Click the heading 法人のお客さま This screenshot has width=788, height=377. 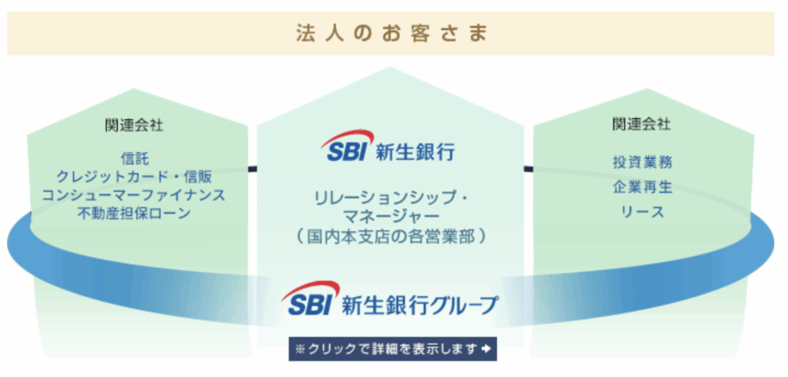pyautogui.click(x=392, y=33)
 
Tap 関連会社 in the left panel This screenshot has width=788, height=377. pyautogui.click(x=134, y=126)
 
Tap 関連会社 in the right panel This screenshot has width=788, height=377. pyautogui.click(x=641, y=124)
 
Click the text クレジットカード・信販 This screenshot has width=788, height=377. pyautogui.click(x=134, y=177)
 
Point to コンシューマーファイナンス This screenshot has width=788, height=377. pyautogui.click(x=134, y=195)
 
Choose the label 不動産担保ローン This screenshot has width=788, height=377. pyautogui.click(x=134, y=214)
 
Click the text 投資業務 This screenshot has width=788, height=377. pyautogui.click(x=643, y=162)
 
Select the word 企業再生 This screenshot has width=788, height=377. pyautogui.click(x=643, y=187)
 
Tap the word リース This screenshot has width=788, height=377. pyautogui.click(x=643, y=212)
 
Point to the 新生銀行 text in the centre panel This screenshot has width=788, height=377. pyautogui.click(x=415, y=152)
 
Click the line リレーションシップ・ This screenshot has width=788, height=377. pyautogui.click(x=391, y=199)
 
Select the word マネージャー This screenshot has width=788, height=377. pyautogui.click(x=391, y=217)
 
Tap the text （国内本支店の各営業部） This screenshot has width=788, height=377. pyautogui.click(x=391, y=236)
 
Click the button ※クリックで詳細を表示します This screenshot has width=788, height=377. pyautogui.click(x=392, y=348)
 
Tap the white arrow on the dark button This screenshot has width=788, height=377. pyautogui.click(x=486, y=348)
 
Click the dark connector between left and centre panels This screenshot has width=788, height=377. pyautogui.click(x=252, y=169)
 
